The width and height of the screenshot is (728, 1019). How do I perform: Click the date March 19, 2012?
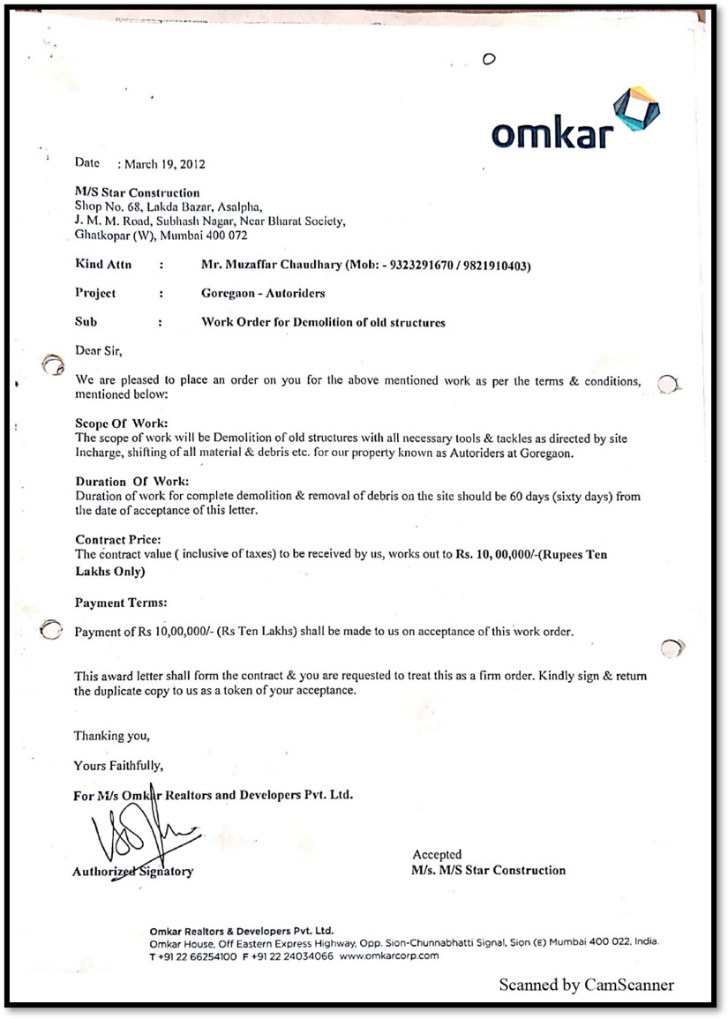pyautogui.click(x=165, y=164)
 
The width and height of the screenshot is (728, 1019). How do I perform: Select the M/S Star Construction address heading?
pyautogui.click(x=138, y=192)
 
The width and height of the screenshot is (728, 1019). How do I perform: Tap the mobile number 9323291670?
pyautogui.click(x=420, y=265)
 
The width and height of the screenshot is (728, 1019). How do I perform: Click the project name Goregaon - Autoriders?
pyautogui.click(x=263, y=293)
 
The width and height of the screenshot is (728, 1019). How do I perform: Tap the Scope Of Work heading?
pyautogui.click(x=122, y=423)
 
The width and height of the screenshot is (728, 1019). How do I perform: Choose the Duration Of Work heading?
pyautogui.click(x=131, y=482)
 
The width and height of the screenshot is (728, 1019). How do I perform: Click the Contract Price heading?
pyautogui.click(x=118, y=540)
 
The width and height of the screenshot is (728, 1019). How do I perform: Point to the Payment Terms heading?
pyautogui.click(x=121, y=603)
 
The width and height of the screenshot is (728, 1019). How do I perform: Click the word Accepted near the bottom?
pyautogui.click(x=437, y=854)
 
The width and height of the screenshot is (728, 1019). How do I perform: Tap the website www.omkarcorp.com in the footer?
pyautogui.click(x=388, y=956)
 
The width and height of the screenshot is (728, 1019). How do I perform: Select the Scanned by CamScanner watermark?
pyautogui.click(x=586, y=985)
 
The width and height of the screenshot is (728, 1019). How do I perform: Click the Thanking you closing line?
pyautogui.click(x=112, y=736)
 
